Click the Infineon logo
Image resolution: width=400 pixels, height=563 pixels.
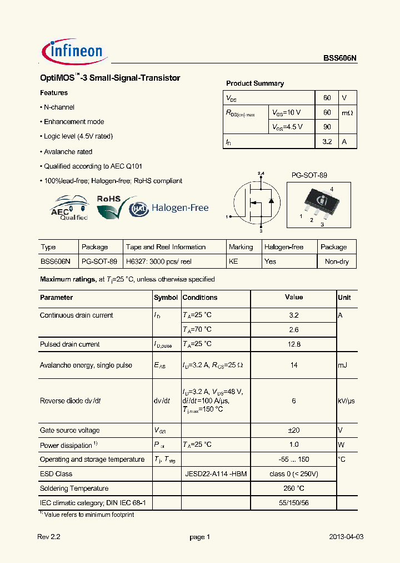[74, 52]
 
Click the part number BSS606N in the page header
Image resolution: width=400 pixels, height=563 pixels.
[340, 58]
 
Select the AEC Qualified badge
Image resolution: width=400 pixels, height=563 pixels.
[69, 209]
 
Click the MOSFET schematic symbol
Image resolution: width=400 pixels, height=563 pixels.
[256, 202]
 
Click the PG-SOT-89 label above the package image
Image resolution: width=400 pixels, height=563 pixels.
[309, 175]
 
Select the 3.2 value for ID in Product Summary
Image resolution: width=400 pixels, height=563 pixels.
[327, 142]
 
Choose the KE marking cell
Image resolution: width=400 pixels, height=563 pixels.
[233, 261]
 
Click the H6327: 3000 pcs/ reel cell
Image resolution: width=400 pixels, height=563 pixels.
[159, 261]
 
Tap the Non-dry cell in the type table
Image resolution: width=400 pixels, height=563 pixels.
[337, 261]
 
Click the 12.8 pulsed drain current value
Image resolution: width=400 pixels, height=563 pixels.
[294, 344]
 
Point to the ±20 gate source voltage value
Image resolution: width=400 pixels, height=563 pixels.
[294, 430]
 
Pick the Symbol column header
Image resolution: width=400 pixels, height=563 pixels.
[166, 298]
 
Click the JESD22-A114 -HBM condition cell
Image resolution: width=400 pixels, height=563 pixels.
[216, 474]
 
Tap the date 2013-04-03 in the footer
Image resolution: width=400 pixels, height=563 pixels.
[346, 537]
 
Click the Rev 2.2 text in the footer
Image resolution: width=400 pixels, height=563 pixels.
[48, 537]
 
